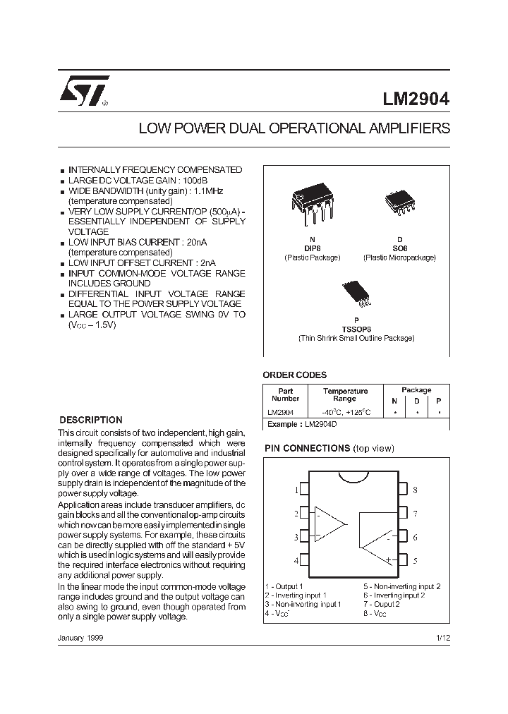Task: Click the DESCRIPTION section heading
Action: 90,420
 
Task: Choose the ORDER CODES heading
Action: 294,375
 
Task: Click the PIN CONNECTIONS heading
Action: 307,448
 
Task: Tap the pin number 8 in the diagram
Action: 415,490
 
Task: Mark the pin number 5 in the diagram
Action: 415,561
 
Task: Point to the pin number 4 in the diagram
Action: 296,561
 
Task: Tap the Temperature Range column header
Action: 345,394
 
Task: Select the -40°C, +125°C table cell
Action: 345,412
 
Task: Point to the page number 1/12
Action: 442,638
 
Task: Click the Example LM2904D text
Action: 301,424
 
